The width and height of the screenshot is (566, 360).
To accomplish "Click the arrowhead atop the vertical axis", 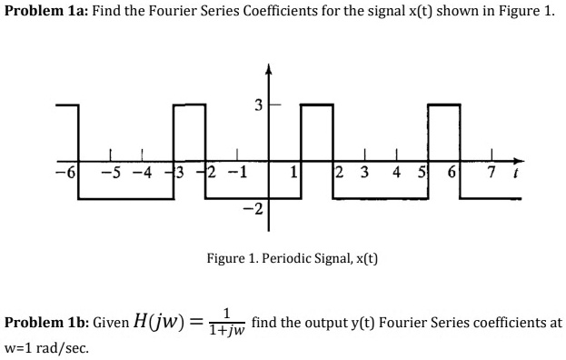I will click(268, 69).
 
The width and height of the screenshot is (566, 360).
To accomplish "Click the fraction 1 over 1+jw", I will click(225, 323).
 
